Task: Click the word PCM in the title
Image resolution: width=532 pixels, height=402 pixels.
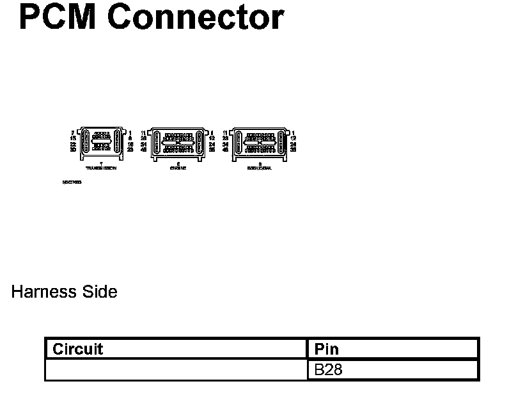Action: tap(57, 17)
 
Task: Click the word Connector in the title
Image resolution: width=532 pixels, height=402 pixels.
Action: tap(195, 17)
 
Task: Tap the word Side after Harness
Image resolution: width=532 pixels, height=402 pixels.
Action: tap(99, 292)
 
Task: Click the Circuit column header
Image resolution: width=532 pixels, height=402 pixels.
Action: tap(77, 349)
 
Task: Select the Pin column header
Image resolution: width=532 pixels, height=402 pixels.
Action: tap(327, 349)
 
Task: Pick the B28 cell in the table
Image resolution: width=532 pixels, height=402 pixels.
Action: tap(329, 370)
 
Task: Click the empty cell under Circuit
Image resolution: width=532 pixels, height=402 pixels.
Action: tap(176, 370)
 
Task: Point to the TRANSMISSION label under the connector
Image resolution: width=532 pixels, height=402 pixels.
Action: tap(101, 168)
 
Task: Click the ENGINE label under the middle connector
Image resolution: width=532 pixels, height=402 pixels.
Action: tap(178, 168)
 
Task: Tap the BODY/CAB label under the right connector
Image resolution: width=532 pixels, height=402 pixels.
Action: tap(259, 168)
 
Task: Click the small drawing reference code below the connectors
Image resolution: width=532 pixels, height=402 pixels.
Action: tap(72, 182)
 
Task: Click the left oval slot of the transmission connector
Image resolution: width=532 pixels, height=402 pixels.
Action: tap(86, 142)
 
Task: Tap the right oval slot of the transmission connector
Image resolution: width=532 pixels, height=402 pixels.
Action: tap(116, 142)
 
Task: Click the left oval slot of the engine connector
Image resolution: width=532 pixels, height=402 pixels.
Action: tap(157, 142)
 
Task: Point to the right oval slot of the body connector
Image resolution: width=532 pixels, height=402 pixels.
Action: tap(279, 142)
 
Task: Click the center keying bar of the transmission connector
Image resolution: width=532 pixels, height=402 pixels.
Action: tap(101, 142)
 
